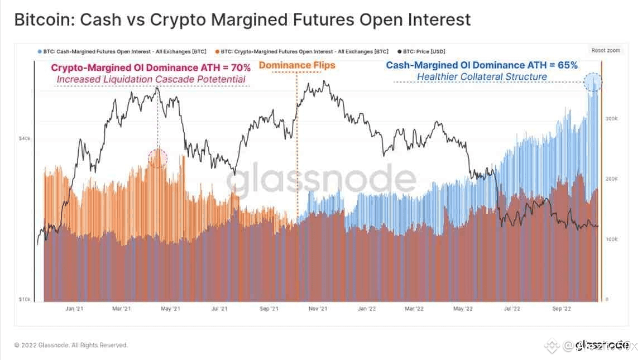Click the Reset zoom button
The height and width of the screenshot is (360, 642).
(606, 50)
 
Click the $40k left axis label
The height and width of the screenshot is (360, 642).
(25, 138)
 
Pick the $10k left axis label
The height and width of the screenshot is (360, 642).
(25, 300)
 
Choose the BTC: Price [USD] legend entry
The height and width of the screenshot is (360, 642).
(421, 51)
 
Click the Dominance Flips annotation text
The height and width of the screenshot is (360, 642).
(297, 65)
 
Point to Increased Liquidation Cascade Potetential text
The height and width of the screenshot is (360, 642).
(151, 79)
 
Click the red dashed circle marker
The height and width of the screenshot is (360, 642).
(157, 158)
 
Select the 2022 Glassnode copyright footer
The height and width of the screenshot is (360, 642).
(71, 345)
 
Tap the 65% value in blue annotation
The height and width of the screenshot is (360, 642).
(567, 65)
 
